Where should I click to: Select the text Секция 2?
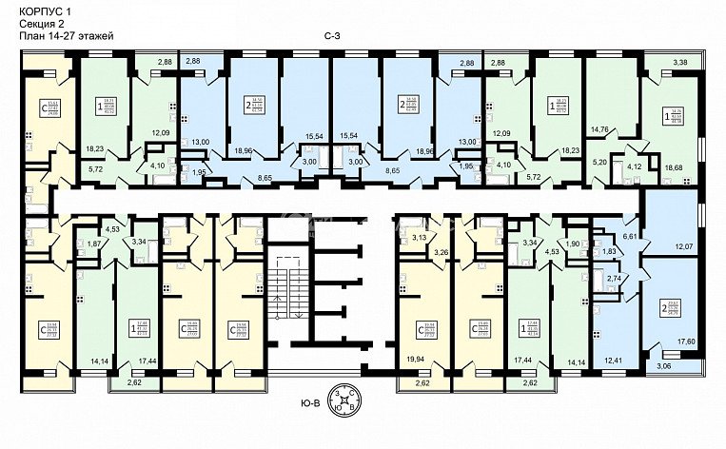pyautogui.click(x=41, y=23)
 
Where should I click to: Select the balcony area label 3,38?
pyautogui.click(x=680, y=64)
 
